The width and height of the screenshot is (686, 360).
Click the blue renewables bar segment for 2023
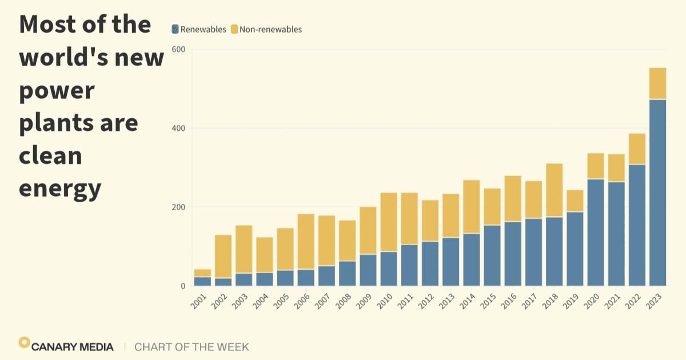pos(658,193)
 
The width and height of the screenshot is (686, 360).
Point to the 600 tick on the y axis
pos(179,49)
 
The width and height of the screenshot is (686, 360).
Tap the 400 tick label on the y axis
pos(179,128)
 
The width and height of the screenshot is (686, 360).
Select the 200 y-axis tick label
pos(179,207)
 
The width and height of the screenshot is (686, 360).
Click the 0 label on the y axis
pos(183,286)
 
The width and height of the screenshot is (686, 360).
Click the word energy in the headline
pos(60,188)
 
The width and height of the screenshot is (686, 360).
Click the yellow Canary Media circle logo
pos(24,342)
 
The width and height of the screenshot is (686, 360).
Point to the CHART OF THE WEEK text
pos(192,347)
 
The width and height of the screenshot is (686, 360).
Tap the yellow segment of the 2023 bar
pos(658,83)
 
